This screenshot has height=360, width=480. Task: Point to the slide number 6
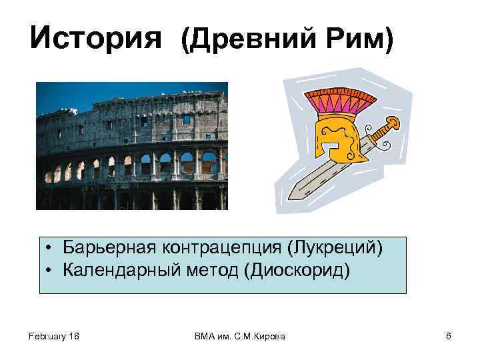coord(448,337)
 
